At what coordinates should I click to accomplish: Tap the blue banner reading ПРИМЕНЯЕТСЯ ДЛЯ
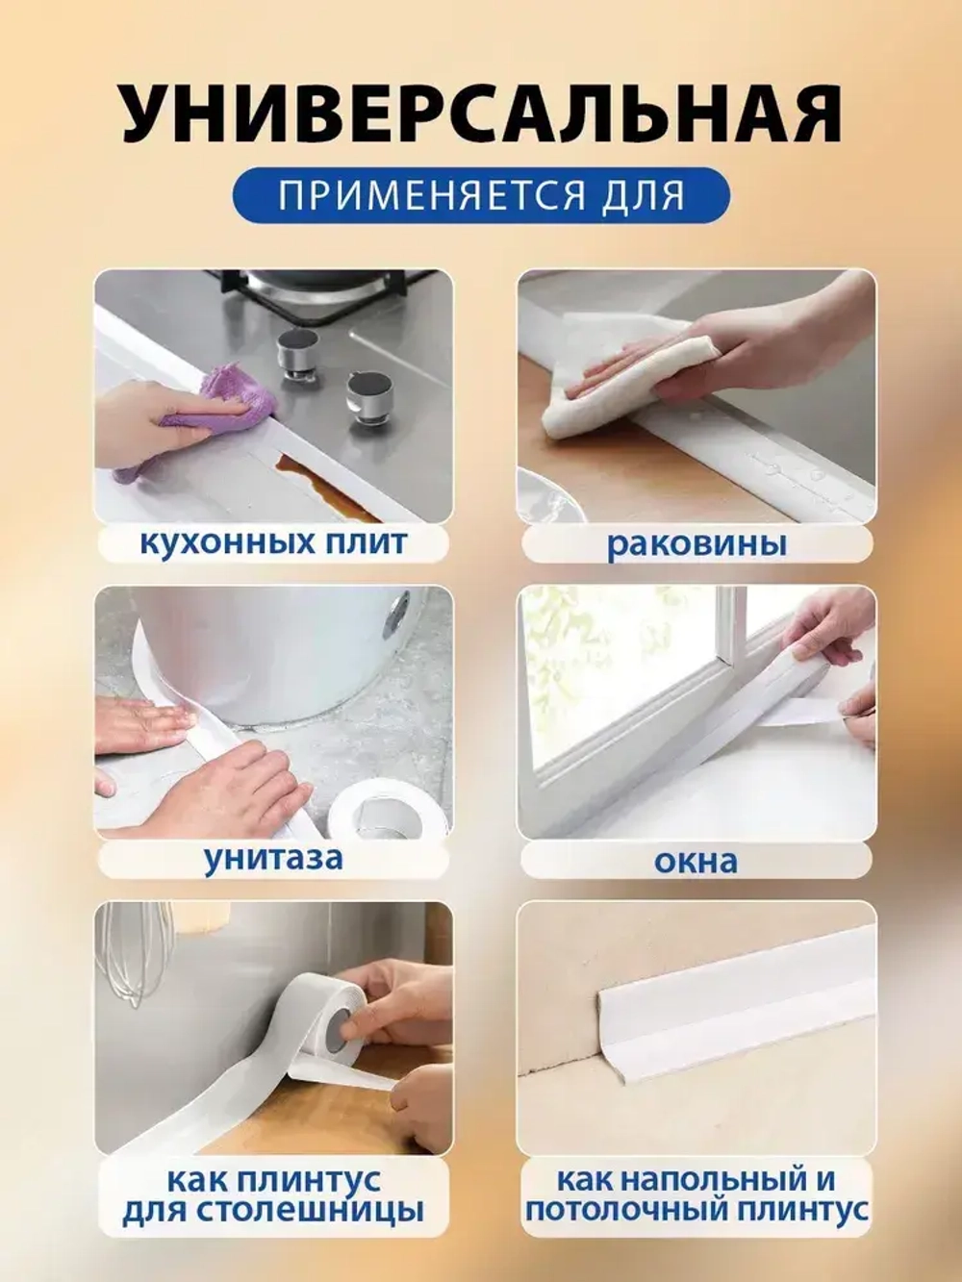[x=481, y=196]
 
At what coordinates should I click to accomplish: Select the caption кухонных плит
[x=273, y=543]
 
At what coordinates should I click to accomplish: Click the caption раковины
[x=696, y=544]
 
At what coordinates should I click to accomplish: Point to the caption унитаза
[x=273, y=859]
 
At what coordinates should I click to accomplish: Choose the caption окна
[x=696, y=861]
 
